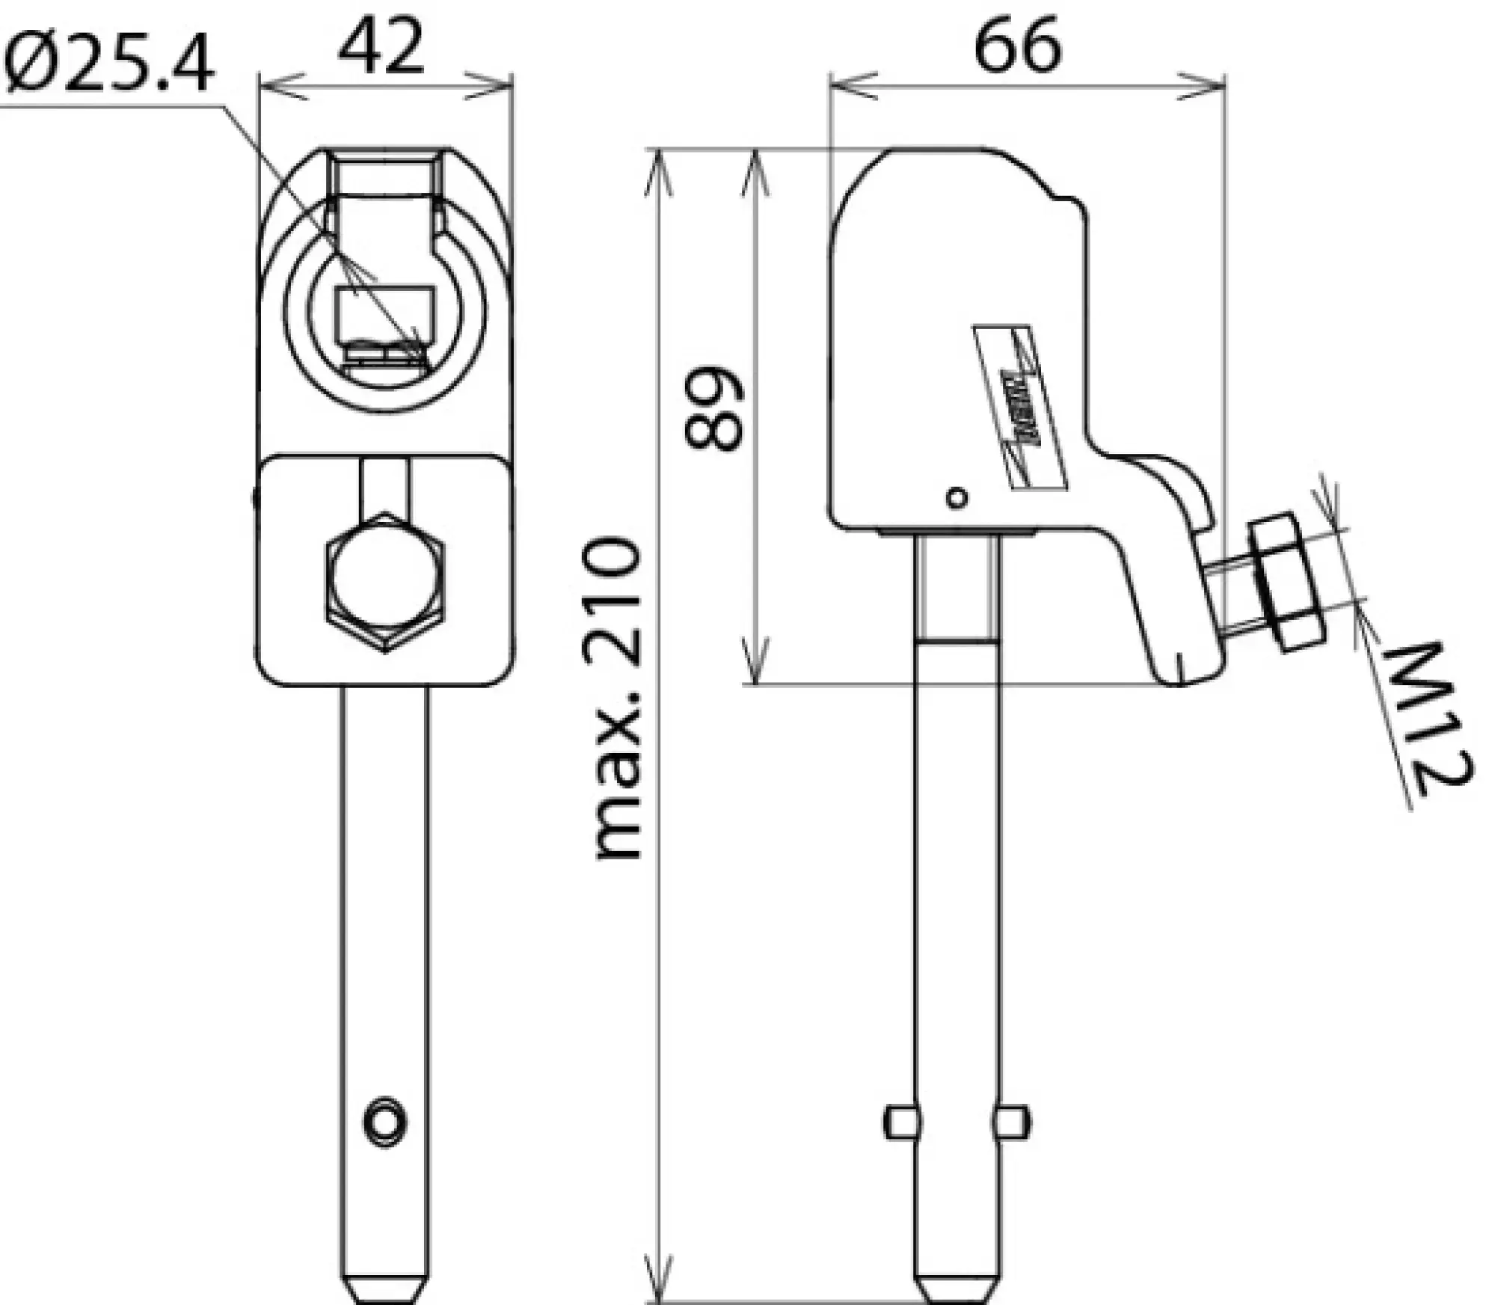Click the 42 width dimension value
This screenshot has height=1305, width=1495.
click(x=382, y=46)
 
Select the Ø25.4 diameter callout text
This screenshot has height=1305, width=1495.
click(x=109, y=66)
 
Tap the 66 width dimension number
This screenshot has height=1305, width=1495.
click(x=1018, y=45)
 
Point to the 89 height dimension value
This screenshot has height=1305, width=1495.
click(x=715, y=408)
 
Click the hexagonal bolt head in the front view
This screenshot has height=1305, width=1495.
click(x=384, y=582)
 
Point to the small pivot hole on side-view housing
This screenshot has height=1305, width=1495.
click(x=957, y=497)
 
